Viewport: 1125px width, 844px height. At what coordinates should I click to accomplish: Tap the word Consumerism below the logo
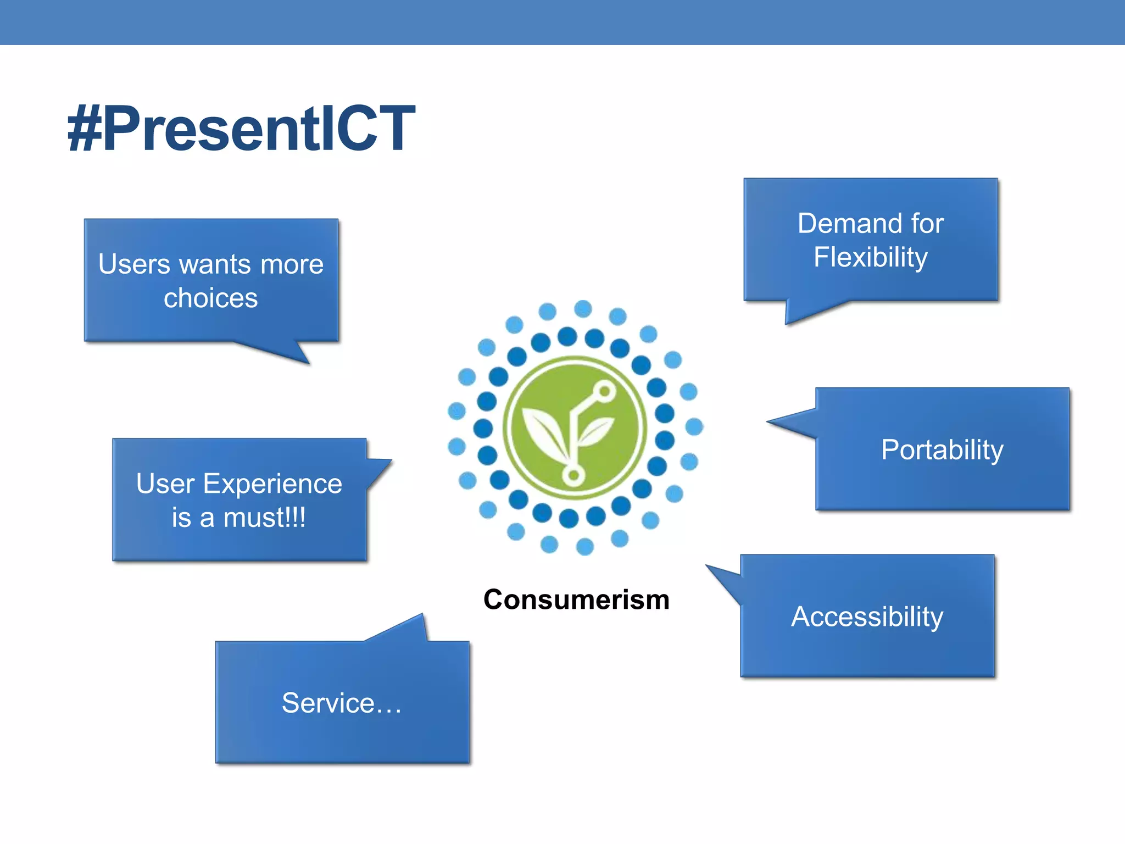tap(576, 599)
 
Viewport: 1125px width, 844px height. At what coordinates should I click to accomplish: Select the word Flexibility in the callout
tap(871, 257)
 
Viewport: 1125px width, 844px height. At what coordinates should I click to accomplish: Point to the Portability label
tap(942, 450)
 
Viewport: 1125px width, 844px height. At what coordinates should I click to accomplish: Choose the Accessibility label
tap(867, 617)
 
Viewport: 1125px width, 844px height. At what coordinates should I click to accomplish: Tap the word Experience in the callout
tap(272, 484)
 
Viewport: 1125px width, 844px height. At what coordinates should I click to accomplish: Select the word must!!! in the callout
tap(264, 518)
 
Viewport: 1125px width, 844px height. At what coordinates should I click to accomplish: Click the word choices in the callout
tap(210, 298)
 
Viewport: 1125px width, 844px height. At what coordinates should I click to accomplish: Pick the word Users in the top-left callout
tap(134, 264)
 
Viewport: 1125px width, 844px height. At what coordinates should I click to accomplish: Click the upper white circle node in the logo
tap(604, 391)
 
